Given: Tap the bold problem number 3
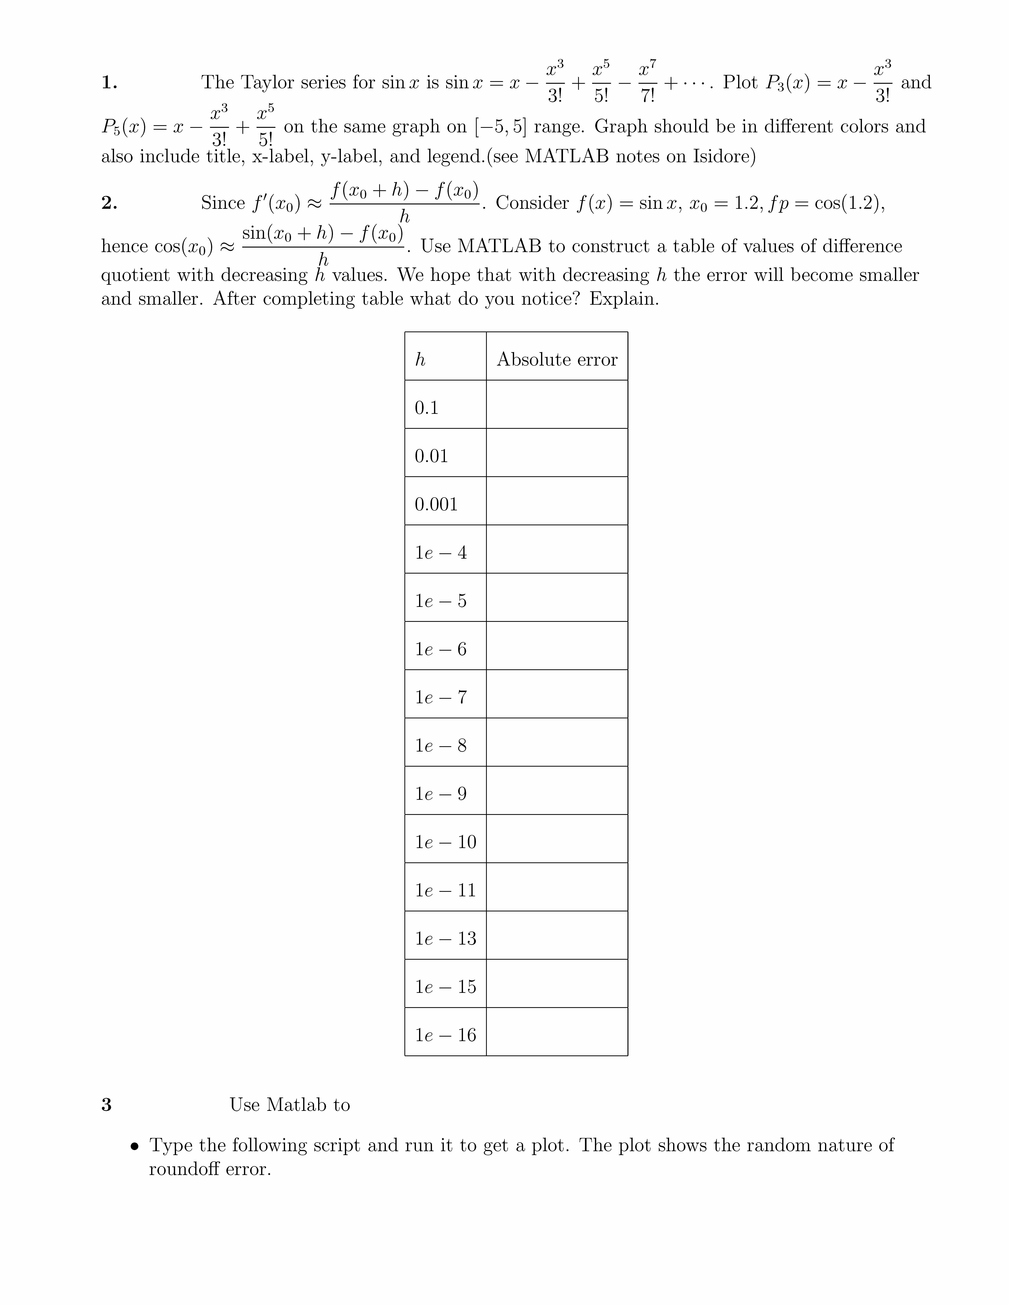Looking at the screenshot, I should (106, 1105).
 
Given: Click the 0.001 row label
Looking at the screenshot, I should (436, 504).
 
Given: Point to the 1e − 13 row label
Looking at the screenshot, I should (446, 938).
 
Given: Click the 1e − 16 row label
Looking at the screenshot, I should (446, 1035).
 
